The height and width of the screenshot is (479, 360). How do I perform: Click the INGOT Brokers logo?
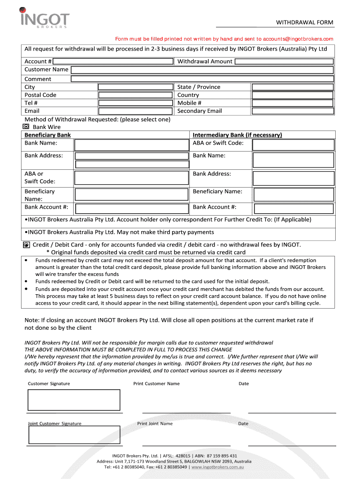[x=45, y=18]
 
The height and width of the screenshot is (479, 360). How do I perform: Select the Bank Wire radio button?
[x=26, y=127]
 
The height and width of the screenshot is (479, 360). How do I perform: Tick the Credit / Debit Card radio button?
[x=26, y=245]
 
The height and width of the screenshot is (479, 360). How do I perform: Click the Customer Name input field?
[x=202, y=70]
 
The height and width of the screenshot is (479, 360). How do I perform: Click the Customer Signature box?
[x=74, y=400]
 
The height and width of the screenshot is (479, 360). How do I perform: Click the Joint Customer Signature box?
[x=74, y=435]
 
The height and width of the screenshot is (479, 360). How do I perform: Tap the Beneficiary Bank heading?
[x=48, y=135]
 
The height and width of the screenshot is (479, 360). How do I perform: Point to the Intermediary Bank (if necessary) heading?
[x=237, y=135]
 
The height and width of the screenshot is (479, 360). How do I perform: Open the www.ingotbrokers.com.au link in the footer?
[x=215, y=467]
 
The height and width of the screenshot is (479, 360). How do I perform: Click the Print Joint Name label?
[x=155, y=424]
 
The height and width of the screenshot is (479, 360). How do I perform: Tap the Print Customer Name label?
[x=156, y=384]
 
